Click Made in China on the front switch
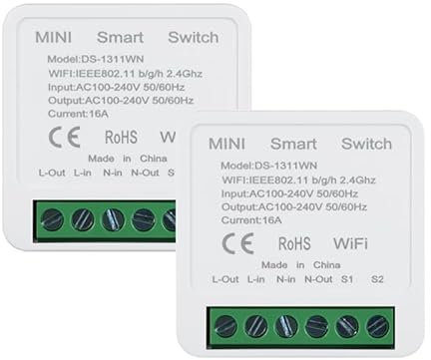pos(299,264)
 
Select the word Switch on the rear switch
pos(193,38)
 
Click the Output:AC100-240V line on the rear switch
pos(119,101)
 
